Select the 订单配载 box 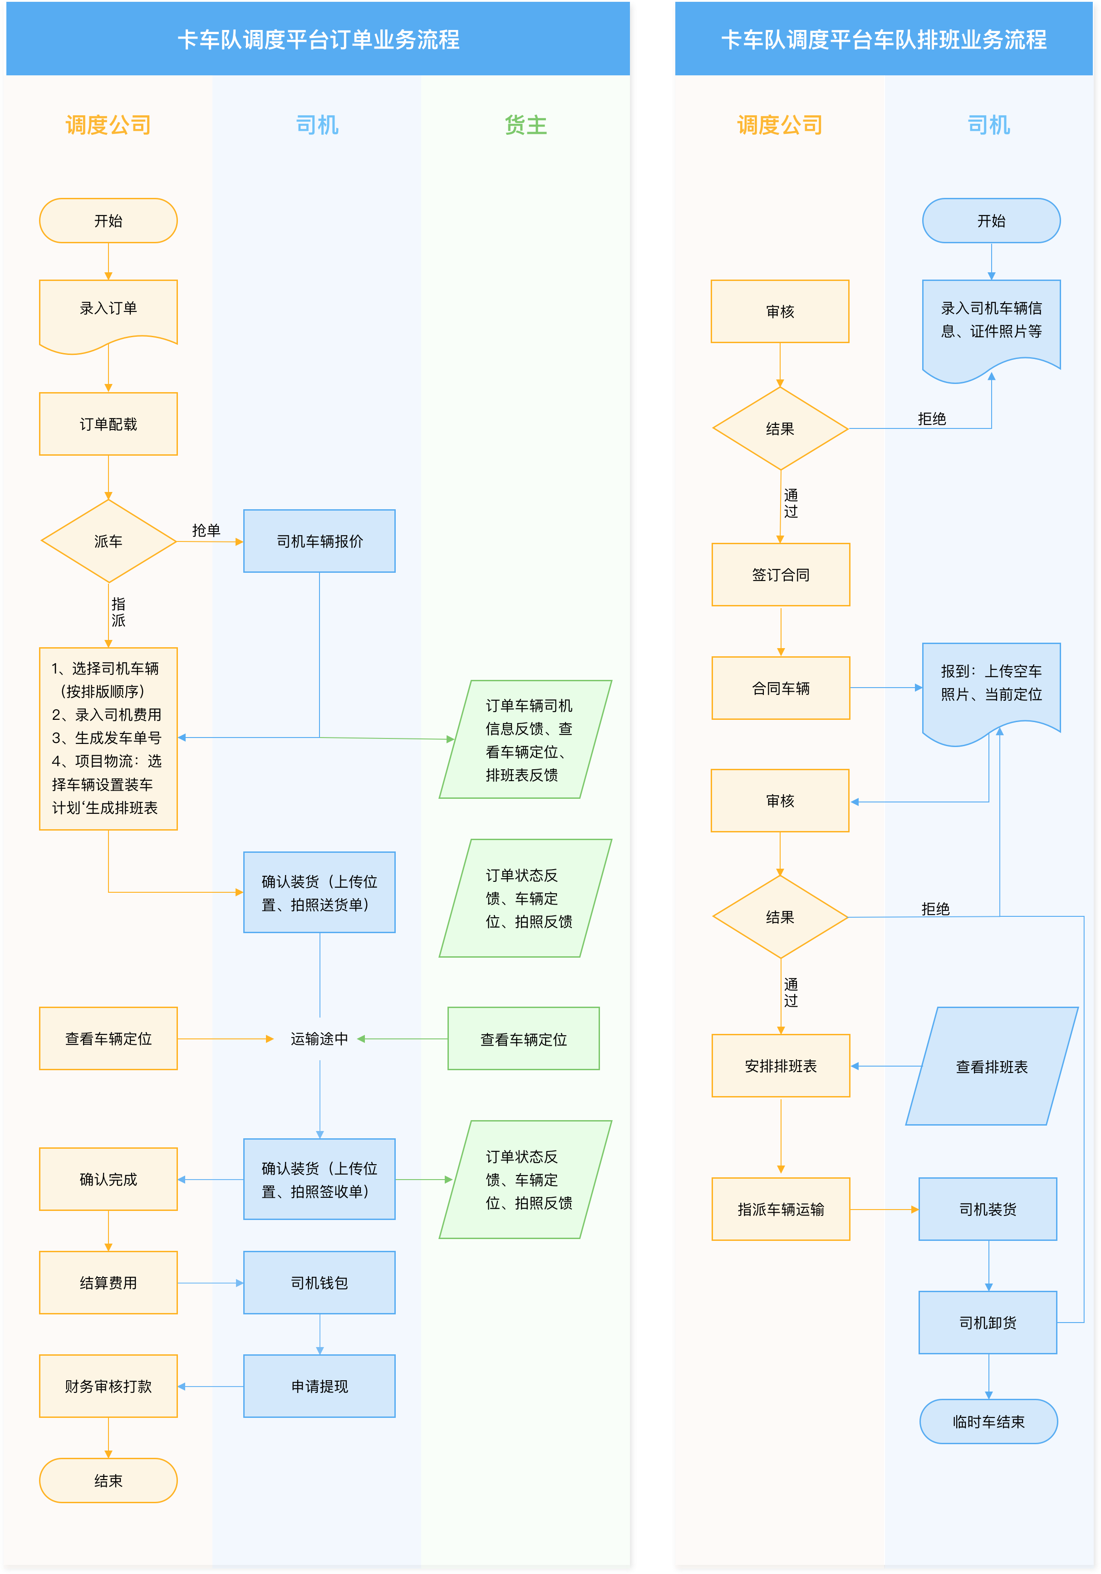click(x=108, y=423)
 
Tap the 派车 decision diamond click(x=108, y=541)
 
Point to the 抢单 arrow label click(x=206, y=530)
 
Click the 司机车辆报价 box click(x=319, y=541)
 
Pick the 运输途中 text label click(x=319, y=1038)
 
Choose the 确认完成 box click(x=108, y=1179)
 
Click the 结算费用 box click(x=108, y=1283)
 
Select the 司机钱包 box click(x=319, y=1283)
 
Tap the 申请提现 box click(x=319, y=1386)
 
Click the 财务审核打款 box click(x=108, y=1386)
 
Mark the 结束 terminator click(x=108, y=1481)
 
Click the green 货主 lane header click(x=526, y=125)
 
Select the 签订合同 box click(x=781, y=575)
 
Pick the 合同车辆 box click(x=781, y=688)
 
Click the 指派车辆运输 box click(x=781, y=1209)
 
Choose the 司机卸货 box click(x=988, y=1323)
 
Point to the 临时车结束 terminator click(x=988, y=1422)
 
